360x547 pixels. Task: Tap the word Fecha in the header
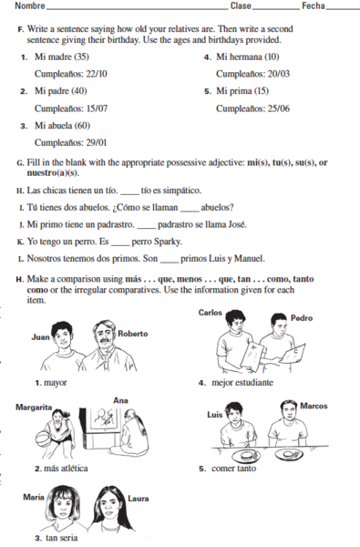[313, 7]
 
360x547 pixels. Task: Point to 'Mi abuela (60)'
[62, 125]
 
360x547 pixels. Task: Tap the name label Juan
[40, 336]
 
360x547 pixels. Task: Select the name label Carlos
[211, 312]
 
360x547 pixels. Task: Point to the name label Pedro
[301, 318]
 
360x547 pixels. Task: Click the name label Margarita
[33, 408]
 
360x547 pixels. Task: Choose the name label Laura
[139, 499]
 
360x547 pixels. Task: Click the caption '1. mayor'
[49, 382]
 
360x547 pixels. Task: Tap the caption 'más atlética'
[67, 468]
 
